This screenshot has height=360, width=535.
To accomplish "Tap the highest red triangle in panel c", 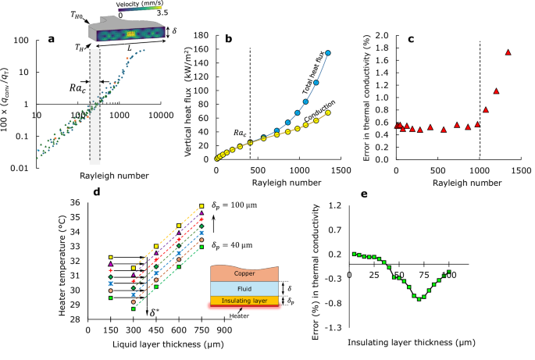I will click(x=508, y=52).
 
